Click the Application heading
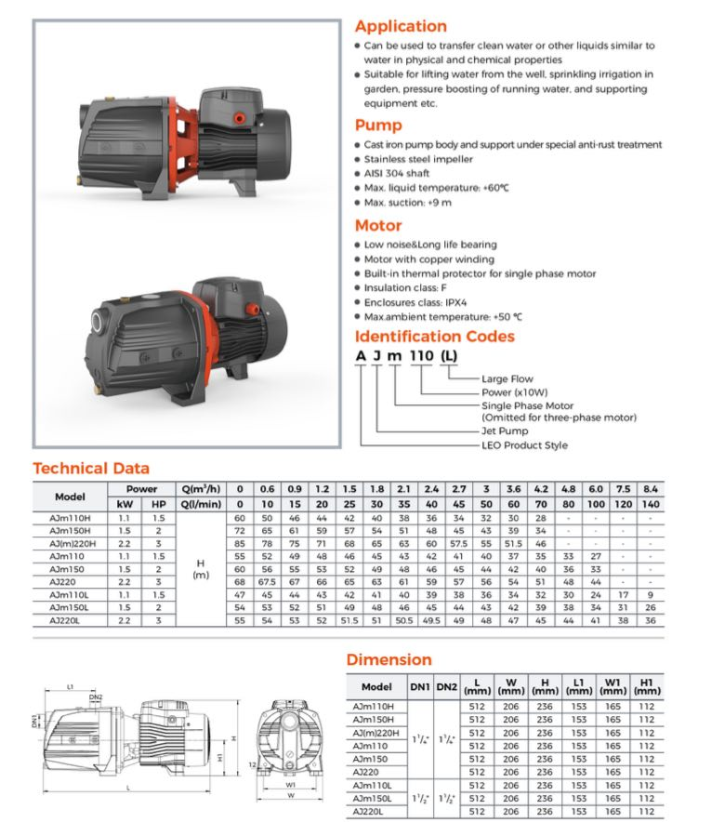401,26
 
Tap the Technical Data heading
91,469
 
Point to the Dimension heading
389,659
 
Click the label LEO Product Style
524,445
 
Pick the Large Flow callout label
508,378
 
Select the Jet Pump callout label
505,431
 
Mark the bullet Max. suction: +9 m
408,202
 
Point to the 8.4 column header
651,488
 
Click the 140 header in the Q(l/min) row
651,503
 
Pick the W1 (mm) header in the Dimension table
612,686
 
